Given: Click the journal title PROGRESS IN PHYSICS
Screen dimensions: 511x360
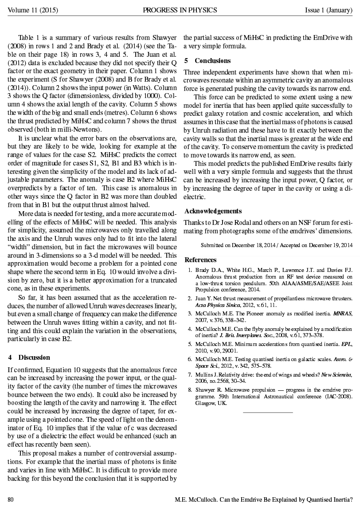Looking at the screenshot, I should [180, 10].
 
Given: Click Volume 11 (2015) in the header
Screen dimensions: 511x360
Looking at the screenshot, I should [30, 10].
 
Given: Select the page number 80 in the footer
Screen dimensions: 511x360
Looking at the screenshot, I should [11, 500].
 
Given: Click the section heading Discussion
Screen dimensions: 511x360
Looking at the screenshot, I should [34, 357].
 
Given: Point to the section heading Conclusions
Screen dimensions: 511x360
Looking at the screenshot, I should [212, 60].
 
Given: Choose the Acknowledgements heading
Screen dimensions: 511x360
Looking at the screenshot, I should [213, 211].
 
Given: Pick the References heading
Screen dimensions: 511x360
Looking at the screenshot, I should [200, 260].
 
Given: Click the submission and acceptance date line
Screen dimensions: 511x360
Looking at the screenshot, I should [277, 245].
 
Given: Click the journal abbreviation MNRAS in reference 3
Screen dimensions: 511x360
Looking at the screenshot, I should [342, 313].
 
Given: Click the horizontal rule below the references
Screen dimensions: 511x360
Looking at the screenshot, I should [268, 413].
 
